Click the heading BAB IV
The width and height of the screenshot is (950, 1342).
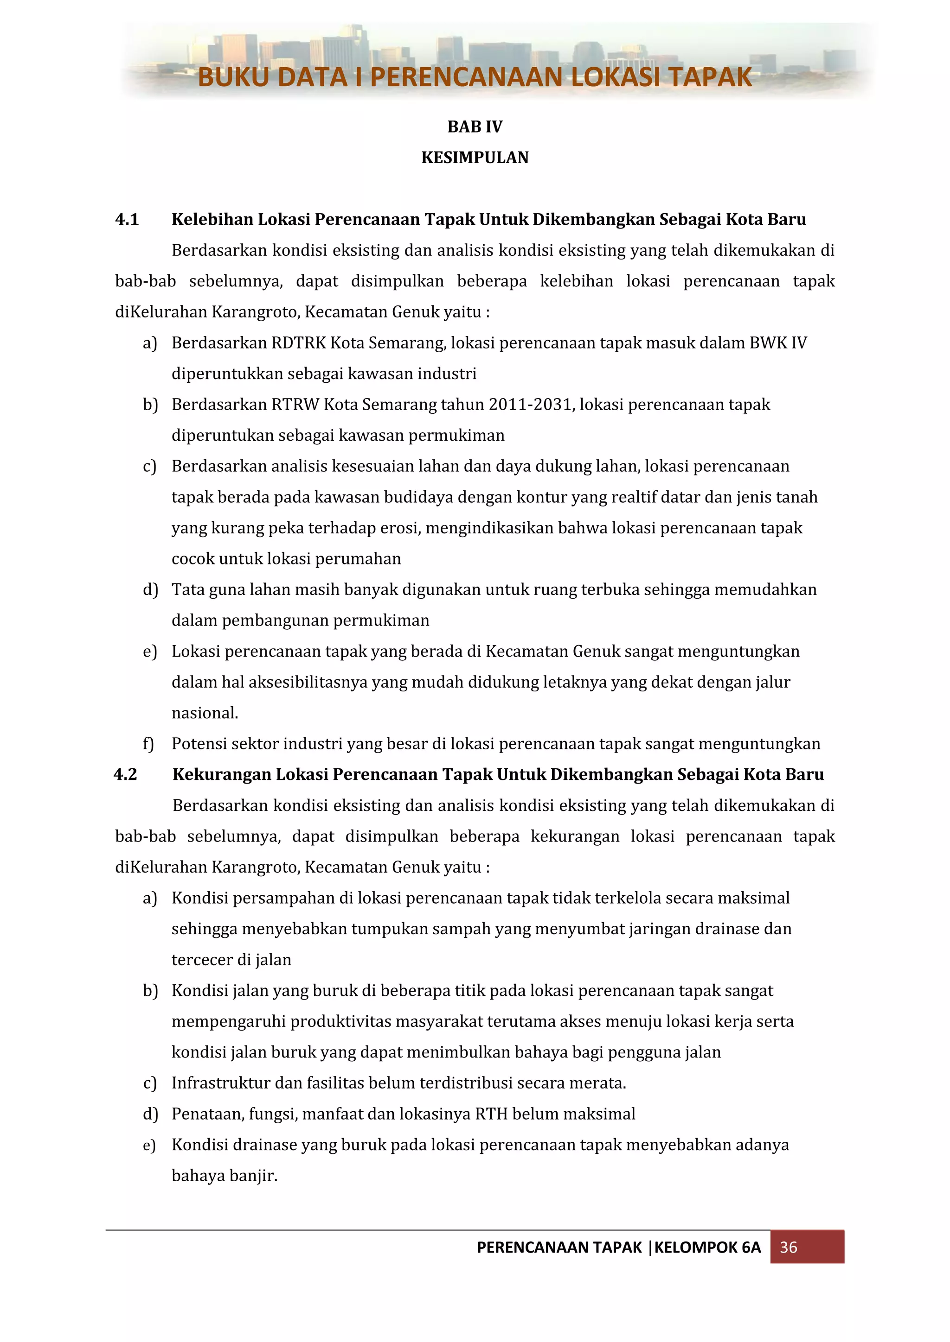[x=475, y=127]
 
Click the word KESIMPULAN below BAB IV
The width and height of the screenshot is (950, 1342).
[x=475, y=158]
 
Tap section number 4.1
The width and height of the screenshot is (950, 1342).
[x=127, y=220]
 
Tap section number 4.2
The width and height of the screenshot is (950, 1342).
[x=126, y=774]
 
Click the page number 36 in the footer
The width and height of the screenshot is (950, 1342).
[x=788, y=1247]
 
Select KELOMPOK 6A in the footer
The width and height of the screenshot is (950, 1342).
[x=707, y=1247]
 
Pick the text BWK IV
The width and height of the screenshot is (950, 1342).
[x=778, y=342]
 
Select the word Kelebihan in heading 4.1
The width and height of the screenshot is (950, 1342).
[x=212, y=220]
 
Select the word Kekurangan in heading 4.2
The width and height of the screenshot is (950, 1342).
[x=222, y=774]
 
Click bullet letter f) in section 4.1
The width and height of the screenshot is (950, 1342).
[x=148, y=744]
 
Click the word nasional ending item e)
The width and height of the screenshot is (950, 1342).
[x=204, y=713]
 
